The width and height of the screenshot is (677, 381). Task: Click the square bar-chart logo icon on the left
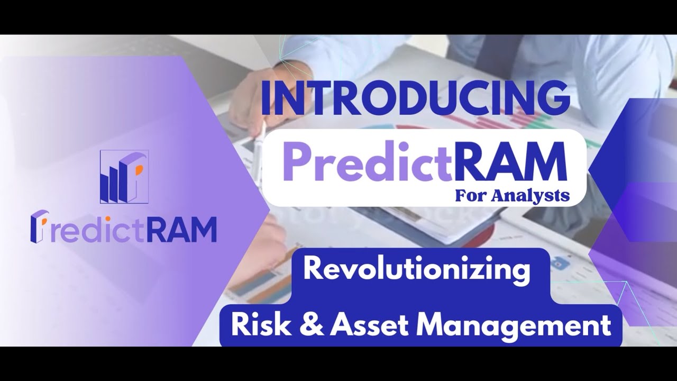click(124, 177)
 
